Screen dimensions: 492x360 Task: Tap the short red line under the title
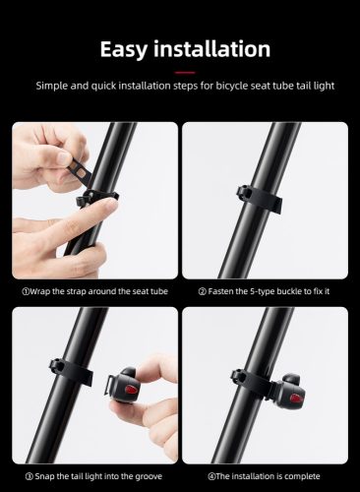(179, 71)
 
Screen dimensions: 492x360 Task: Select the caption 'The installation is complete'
(263, 476)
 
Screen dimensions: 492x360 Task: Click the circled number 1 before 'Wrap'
(26, 290)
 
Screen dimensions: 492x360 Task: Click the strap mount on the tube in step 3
(68, 371)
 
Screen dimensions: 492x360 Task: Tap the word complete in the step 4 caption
(300, 476)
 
